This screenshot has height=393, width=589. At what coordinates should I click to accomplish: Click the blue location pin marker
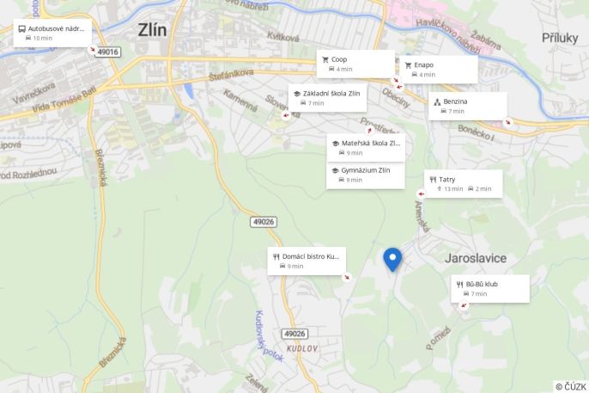[392, 259]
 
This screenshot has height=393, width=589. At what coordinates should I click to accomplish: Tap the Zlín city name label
[153, 30]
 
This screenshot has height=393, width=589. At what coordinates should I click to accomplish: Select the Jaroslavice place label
[476, 258]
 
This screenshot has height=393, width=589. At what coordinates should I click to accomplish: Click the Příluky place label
[561, 37]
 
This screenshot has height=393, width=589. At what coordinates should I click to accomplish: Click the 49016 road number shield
[108, 52]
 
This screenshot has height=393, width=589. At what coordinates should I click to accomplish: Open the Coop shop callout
[356, 64]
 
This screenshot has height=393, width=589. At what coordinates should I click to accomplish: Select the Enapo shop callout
[438, 69]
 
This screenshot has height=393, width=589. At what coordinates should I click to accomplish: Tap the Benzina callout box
[468, 106]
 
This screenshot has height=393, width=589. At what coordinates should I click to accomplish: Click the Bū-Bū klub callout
[490, 288]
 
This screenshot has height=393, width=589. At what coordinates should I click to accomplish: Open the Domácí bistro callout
[307, 261]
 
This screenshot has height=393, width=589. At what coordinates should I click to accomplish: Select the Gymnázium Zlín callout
[365, 175]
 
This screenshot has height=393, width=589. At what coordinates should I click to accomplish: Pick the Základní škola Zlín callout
[327, 97]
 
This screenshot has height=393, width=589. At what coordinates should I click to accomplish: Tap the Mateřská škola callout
[365, 147]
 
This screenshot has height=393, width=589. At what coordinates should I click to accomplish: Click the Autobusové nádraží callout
[52, 33]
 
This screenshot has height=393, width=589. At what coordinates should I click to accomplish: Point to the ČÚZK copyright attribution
[570, 387]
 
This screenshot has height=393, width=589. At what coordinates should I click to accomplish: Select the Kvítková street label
[282, 37]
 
